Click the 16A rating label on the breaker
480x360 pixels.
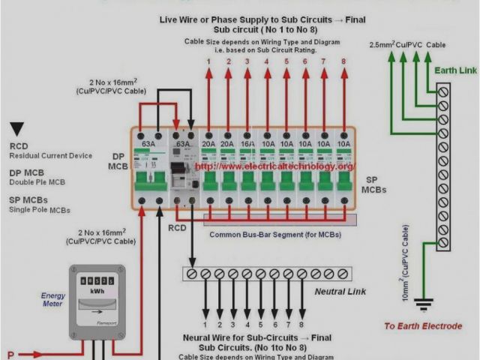[247, 144]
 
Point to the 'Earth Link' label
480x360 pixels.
[455, 70]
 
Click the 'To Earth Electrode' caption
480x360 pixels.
[423, 326]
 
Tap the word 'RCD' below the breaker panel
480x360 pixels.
[177, 227]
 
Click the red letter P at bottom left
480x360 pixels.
[10, 354]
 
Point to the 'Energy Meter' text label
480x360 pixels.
[53, 300]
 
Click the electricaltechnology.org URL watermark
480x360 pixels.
[275, 166]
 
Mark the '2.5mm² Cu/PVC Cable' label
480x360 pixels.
[407, 45]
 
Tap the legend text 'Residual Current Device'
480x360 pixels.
[51, 155]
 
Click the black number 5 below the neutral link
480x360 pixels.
[261, 325]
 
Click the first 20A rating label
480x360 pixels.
[208, 144]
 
